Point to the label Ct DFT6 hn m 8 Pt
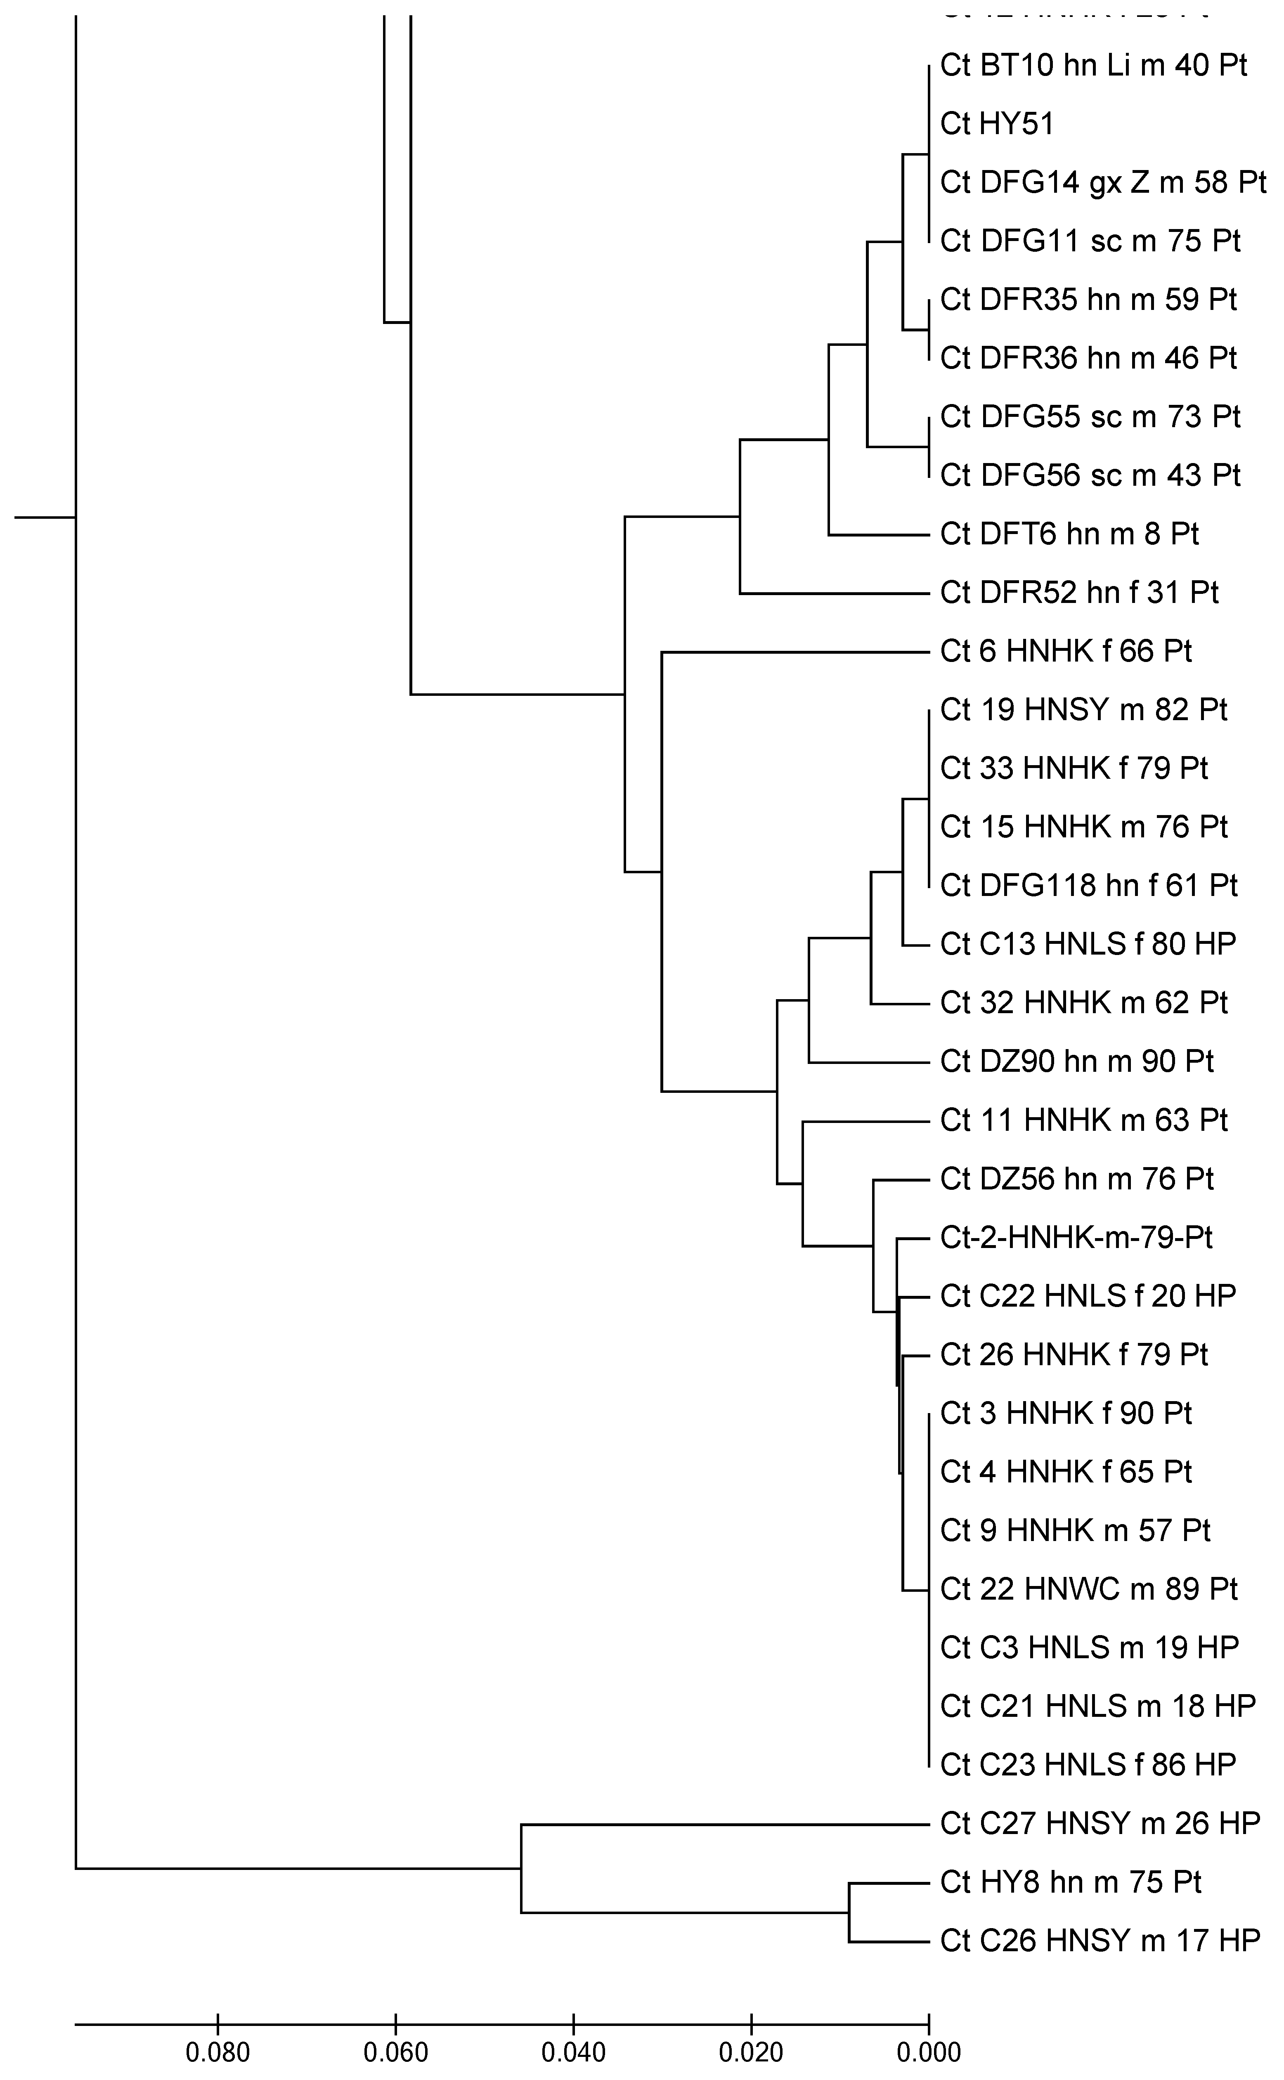click(x=1069, y=534)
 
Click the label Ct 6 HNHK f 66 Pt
click(x=1066, y=651)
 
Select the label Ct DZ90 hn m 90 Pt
click(x=1077, y=1061)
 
